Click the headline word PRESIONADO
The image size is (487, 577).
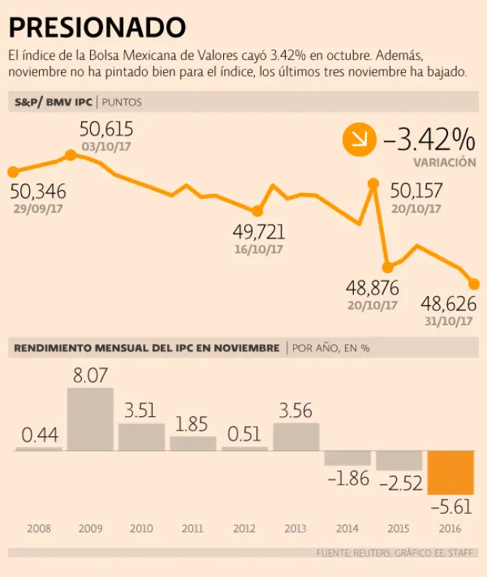click(97, 28)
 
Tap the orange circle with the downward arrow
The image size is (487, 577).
click(358, 140)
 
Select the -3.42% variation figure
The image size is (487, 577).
click(429, 139)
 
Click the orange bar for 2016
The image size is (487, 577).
click(450, 472)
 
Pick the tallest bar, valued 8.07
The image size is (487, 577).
click(90, 418)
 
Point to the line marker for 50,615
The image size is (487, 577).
click(71, 155)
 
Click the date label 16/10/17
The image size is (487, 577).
click(258, 249)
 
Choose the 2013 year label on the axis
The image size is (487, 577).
click(295, 528)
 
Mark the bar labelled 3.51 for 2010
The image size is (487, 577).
click(141, 437)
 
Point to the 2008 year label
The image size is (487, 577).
click(38, 528)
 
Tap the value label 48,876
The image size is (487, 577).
click(372, 288)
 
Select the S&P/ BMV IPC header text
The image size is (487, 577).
click(53, 102)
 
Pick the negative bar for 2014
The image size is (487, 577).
click(347, 458)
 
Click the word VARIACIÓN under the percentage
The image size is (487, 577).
click(444, 162)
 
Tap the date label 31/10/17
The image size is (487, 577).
click(448, 321)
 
